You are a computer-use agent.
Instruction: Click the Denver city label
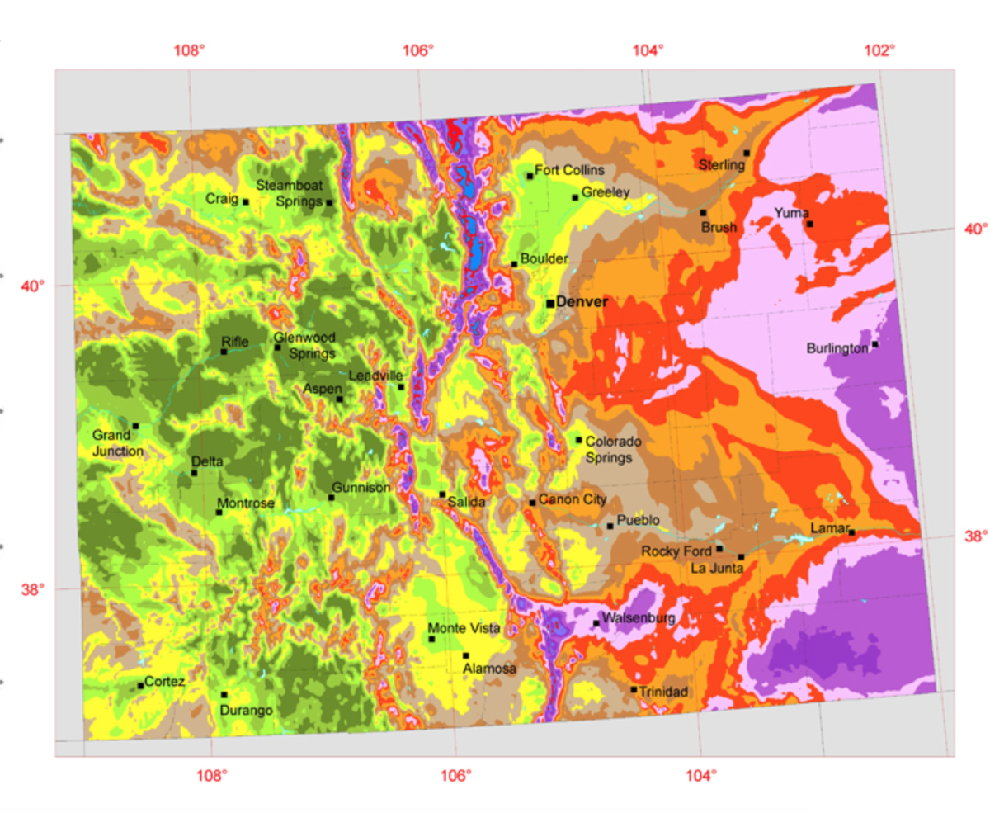point(582,303)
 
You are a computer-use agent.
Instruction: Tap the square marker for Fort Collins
point(530,176)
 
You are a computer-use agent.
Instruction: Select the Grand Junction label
point(117,443)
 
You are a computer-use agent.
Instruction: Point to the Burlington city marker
point(875,344)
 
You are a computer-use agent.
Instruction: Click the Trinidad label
point(664,691)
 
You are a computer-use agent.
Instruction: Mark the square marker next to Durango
point(224,695)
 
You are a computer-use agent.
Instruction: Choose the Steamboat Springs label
point(288,192)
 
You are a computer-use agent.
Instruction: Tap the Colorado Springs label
point(614,449)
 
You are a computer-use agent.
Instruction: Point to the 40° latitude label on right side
point(974,229)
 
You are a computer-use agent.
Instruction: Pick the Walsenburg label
point(639,617)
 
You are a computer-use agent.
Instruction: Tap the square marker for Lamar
point(851,532)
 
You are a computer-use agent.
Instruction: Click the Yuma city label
point(791,214)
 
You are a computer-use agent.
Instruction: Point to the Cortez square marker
point(141,686)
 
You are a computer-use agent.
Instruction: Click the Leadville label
point(376,376)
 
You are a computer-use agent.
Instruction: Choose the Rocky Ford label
point(676,551)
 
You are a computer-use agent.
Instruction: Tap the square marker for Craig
point(246,201)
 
